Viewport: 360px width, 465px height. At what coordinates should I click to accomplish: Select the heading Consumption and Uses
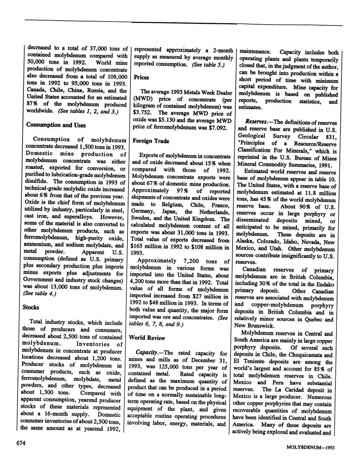[56, 125]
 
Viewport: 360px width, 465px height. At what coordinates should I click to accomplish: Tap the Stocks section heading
[31, 307]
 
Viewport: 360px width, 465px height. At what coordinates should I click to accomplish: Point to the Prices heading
[141, 77]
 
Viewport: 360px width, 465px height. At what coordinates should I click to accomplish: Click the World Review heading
[147, 338]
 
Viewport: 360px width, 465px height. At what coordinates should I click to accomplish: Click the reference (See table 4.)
[39, 294]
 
